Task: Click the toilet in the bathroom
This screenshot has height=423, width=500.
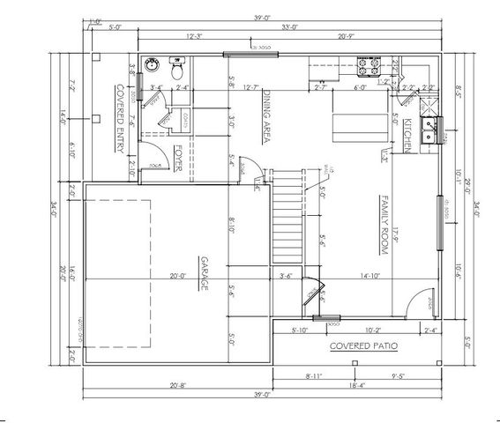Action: click(x=175, y=66)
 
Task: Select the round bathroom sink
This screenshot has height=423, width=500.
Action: click(x=151, y=65)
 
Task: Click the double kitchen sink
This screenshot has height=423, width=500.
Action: click(x=430, y=131)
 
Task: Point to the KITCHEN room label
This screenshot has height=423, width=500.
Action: click(x=408, y=135)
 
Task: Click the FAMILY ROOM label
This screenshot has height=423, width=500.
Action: click(x=384, y=225)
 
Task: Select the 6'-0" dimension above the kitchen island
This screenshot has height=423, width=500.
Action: click(x=360, y=87)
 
